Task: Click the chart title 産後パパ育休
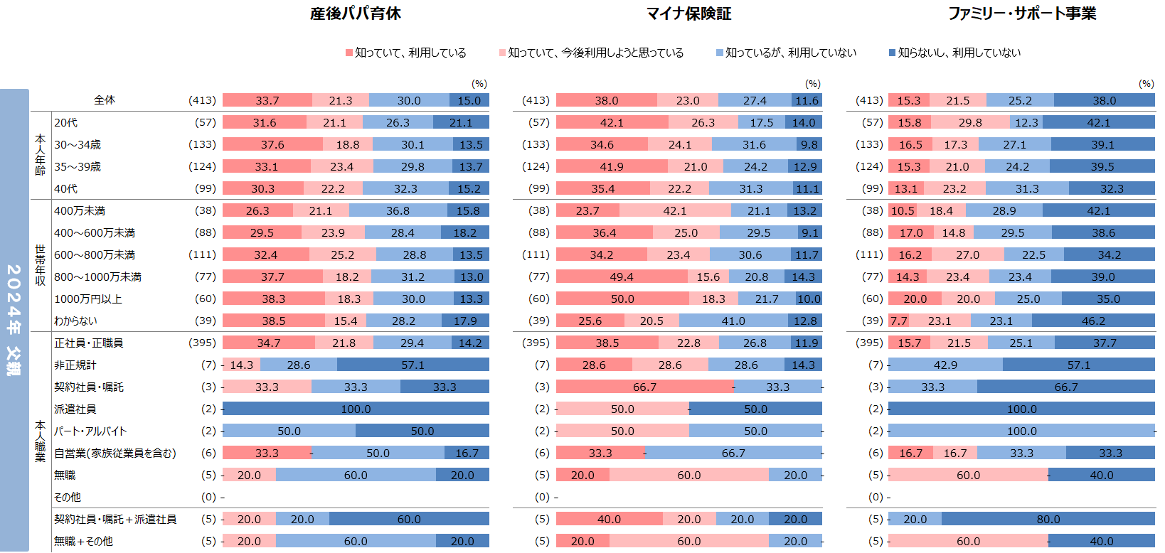[355, 14]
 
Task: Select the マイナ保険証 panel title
[688, 14]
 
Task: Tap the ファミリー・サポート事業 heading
[1021, 14]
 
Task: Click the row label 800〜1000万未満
[97, 276]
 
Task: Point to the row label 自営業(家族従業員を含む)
[115, 453]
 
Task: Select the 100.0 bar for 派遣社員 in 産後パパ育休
[356, 409]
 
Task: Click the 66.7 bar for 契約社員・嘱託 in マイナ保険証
[644, 387]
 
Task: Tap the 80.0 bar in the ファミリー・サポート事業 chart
[1048, 519]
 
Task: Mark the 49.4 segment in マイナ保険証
[622, 276]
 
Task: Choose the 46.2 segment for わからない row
[1093, 321]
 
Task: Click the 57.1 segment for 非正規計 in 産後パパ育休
[413, 365]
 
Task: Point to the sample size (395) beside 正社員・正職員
[202, 343]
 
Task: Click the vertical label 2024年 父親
[14, 320]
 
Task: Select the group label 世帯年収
[41, 265]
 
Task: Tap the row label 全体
[105, 100]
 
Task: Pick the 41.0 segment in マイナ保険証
[733, 321]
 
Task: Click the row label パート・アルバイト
[90, 431]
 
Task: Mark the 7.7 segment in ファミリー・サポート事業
[898, 321]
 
